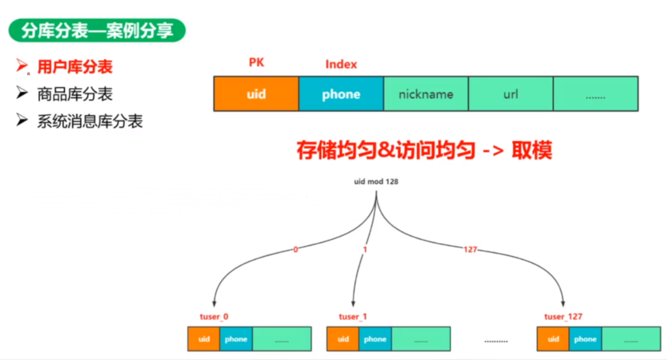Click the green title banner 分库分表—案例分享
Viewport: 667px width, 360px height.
[97, 31]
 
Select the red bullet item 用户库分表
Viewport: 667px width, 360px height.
[75, 67]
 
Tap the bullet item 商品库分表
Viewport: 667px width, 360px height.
[75, 95]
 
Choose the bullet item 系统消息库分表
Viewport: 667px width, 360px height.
[90, 122]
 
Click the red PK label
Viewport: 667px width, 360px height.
[256, 63]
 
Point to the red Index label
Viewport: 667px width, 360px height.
[341, 65]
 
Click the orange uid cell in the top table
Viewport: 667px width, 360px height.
[256, 94]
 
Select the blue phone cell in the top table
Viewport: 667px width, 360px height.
[341, 94]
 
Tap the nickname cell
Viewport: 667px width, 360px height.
[426, 94]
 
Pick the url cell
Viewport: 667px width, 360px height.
[510, 94]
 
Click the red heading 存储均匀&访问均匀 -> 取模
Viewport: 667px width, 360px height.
[424, 151]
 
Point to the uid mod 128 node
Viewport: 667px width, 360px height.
[376, 182]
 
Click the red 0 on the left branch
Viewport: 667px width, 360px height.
[295, 249]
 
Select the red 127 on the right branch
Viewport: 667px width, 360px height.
[470, 249]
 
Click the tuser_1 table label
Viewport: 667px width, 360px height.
[353, 317]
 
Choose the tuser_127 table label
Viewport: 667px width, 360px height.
[563, 317]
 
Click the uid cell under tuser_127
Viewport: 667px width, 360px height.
[553, 339]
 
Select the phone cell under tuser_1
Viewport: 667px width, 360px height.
[375, 339]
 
